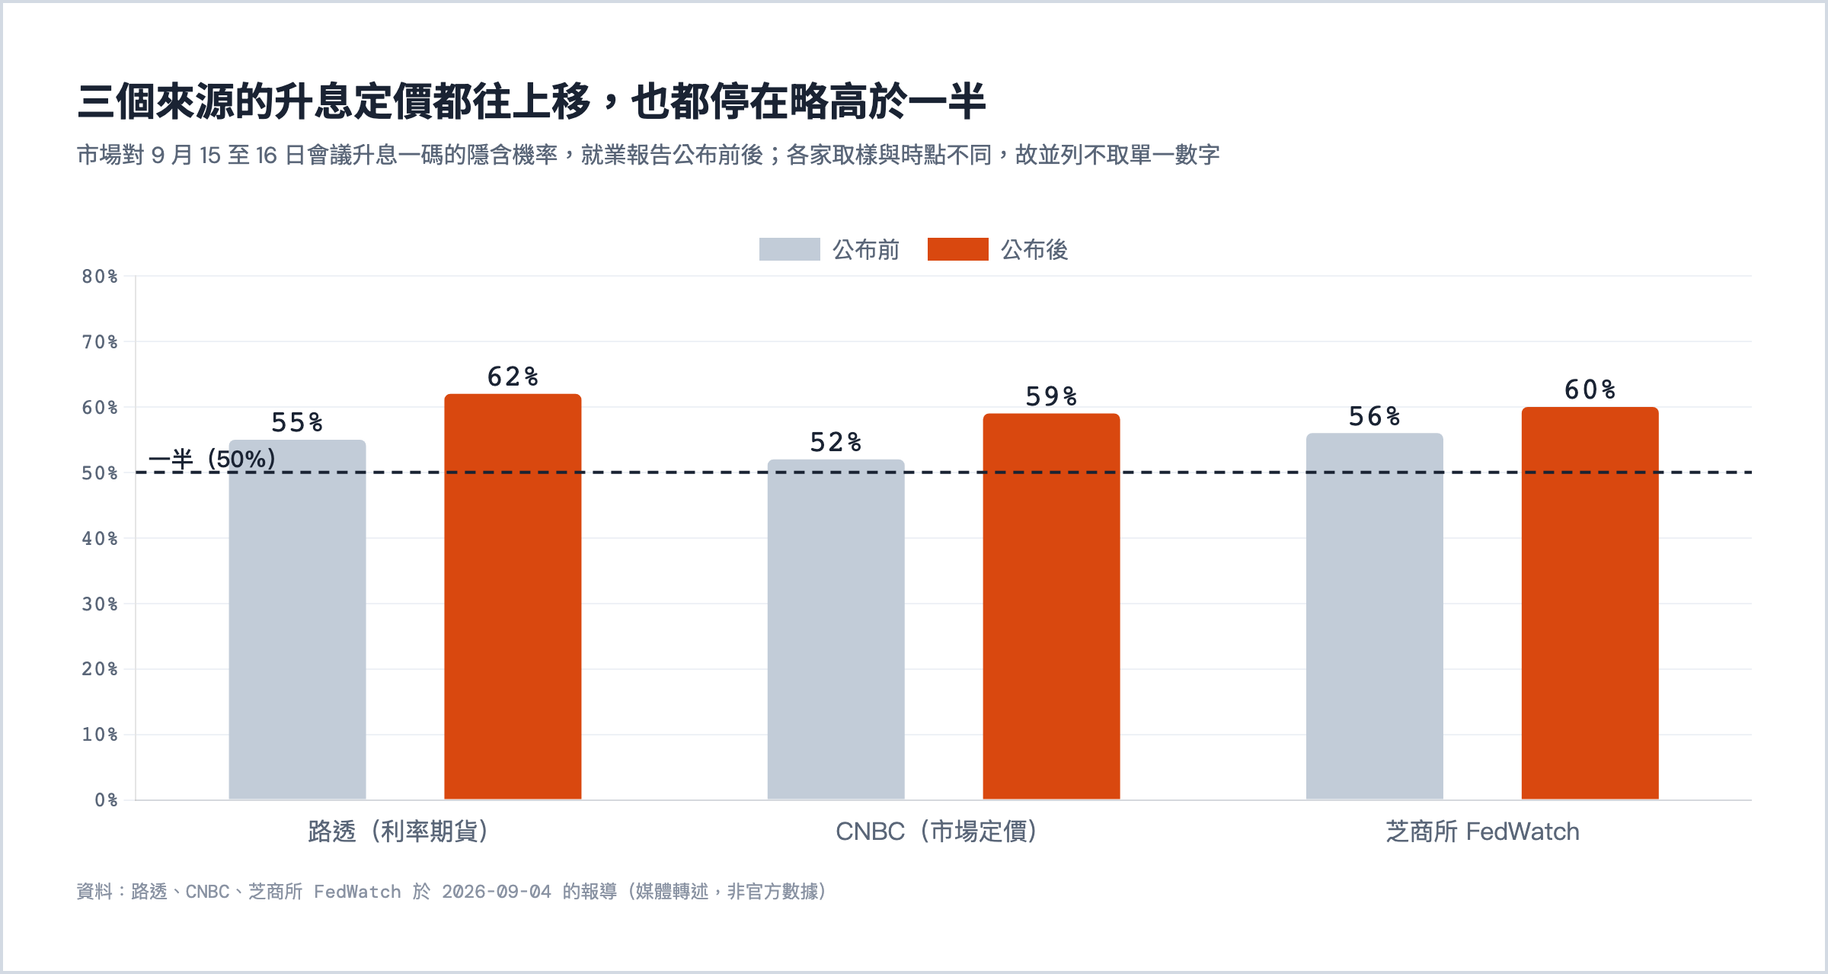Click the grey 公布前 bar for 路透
click(x=297, y=620)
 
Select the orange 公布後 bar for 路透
click(x=513, y=597)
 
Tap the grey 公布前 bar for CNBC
click(x=836, y=630)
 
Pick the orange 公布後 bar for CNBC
click(x=1051, y=607)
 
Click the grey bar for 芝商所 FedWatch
click(x=1374, y=617)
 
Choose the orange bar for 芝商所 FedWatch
click(x=1590, y=604)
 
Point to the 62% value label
click(x=513, y=376)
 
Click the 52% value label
click(x=836, y=442)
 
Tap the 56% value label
click(x=1374, y=416)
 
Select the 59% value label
click(x=1051, y=396)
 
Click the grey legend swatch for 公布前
click(x=789, y=249)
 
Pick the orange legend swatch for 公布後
click(x=957, y=249)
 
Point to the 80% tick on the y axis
click(x=100, y=277)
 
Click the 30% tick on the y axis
click(x=100, y=604)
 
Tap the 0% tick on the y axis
click(x=107, y=800)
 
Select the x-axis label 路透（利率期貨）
click(x=398, y=831)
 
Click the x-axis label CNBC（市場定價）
click(x=937, y=831)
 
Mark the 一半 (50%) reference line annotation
click(x=212, y=460)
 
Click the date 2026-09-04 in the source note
click(x=497, y=892)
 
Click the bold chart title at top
click(x=532, y=101)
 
